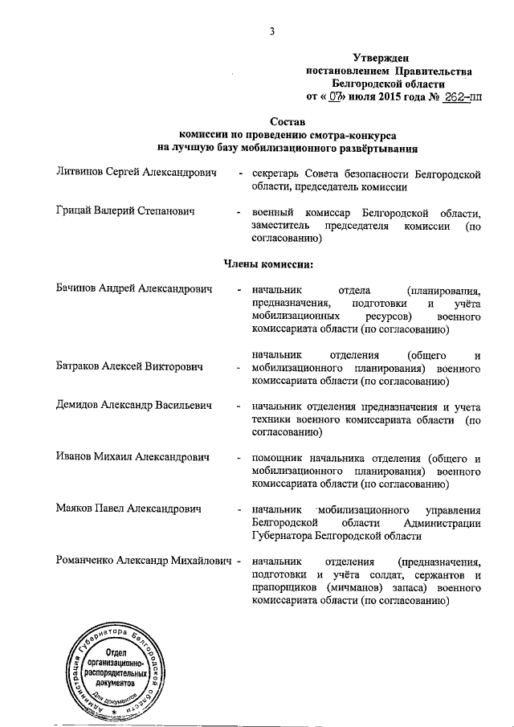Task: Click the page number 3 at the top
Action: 272,31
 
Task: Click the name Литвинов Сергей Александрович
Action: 137,174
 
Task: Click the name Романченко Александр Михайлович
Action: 144,560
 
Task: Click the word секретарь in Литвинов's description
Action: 279,174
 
